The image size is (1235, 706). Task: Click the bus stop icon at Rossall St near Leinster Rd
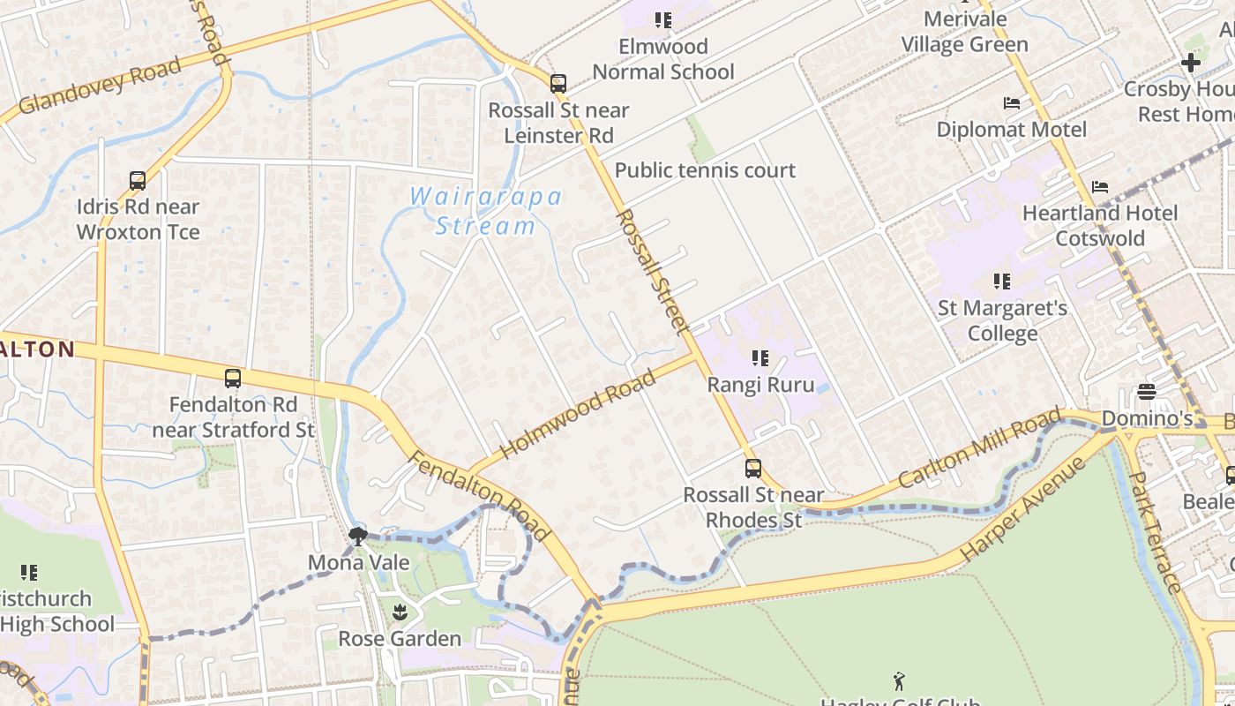[x=558, y=84]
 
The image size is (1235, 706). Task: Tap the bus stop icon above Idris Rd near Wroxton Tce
[x=138, y=181]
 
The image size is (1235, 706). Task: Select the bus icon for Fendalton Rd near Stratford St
[x=233, y=379]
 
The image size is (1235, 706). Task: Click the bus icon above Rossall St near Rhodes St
[x=752, y=469]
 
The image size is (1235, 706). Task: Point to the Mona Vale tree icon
[x=357, y=536]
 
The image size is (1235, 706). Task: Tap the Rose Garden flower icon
[x=400, y=612]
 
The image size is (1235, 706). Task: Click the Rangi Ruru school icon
[x=760, y=358]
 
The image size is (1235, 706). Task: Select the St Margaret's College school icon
[x=1001, y=282]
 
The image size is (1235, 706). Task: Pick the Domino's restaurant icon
[x=1147, y=391]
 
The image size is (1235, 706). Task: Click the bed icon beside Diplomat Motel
[x=1012, y=103]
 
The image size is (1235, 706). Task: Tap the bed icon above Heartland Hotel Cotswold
[x=1099, y=187]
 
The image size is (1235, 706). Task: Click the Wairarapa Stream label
[x=486, y=211]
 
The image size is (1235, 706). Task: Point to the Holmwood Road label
[x=578, y=415]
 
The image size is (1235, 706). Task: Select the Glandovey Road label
[x=100, y=86]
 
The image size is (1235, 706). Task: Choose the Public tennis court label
[x=705, y=170]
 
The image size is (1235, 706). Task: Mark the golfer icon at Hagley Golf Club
[x=899, y=681]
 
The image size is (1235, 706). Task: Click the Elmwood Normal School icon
[x=663, y=19]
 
